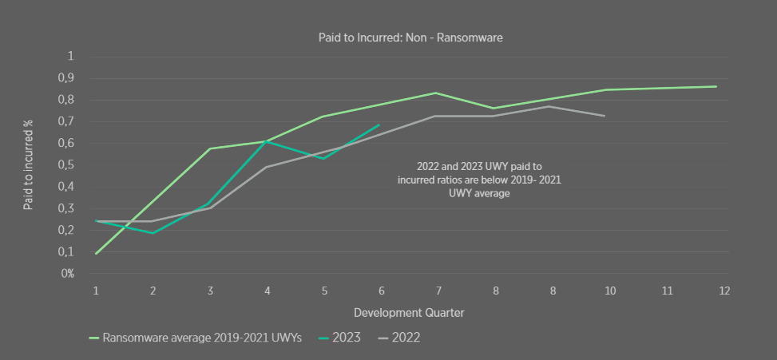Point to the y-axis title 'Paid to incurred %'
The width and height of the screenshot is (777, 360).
[28, 165]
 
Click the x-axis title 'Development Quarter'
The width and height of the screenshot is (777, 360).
[409, 313]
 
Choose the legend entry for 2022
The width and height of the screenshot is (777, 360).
[403, 338]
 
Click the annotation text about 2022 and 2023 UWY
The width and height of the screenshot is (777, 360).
[479, 180]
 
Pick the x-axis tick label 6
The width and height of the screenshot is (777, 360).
[380, 291]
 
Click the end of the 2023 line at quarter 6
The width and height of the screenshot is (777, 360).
[379, 125]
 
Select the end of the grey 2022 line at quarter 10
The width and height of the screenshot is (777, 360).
[605, 116]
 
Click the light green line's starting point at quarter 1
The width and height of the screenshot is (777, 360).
[96, 253]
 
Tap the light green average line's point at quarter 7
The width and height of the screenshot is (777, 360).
[436, 93]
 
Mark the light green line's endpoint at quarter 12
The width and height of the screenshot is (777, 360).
[716, 86]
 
